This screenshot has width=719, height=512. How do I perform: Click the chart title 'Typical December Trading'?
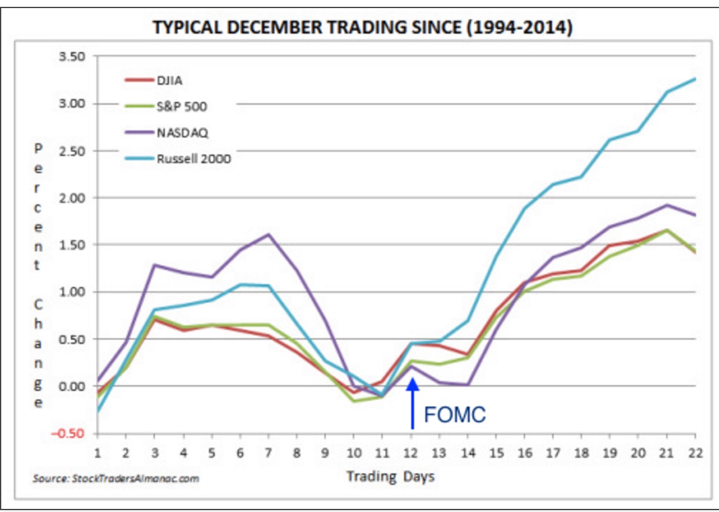(362, 28)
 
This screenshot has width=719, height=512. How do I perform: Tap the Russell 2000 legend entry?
(193, 158)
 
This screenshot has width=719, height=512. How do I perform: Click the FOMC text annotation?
(454, 415)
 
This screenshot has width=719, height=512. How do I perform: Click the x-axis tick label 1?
(97, 453)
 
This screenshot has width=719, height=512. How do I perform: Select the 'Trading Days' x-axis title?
(390, 477)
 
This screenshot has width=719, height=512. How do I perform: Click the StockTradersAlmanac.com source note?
(116, 478)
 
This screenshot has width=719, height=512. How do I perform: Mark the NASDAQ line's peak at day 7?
(268, 234)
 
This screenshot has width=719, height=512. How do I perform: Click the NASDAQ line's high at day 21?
(667, 205)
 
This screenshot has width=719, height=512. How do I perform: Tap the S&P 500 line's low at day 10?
(354, 401)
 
